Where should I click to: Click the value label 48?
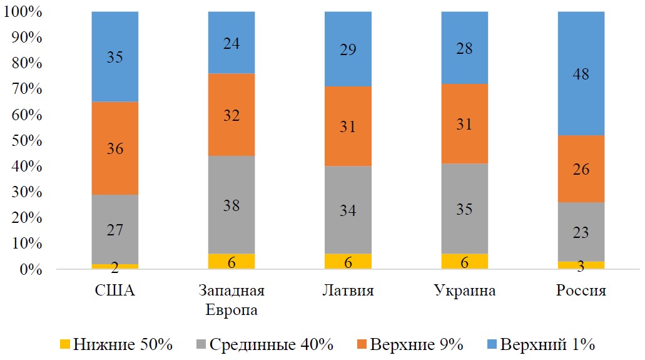(x=581, y=74)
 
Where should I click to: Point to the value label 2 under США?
(x=115, y=267)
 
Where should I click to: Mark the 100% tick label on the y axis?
(x=23, y=12)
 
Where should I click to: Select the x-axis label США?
(x=115, y=291)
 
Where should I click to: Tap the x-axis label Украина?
(x=465, y=291)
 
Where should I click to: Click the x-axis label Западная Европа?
(x=231, y=301)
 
